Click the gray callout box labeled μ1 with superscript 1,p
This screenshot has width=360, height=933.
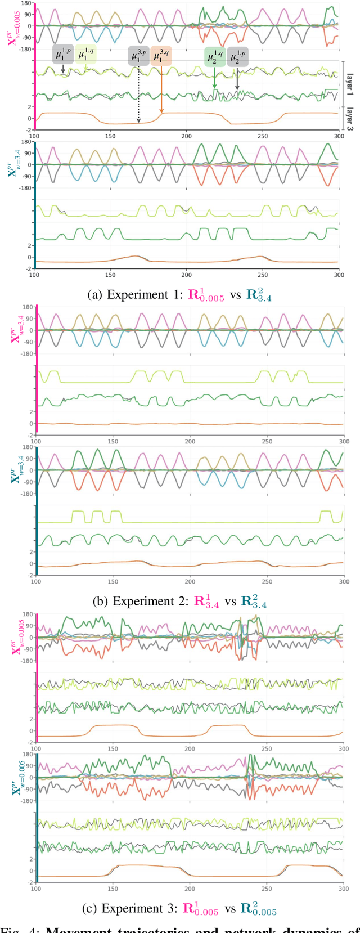[x=63, y=55]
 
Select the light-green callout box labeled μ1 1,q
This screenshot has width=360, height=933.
[x=86, y=55]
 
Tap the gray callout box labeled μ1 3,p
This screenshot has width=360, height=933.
[x=139, y=56]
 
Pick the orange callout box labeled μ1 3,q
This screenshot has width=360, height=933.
[x=161, y=56]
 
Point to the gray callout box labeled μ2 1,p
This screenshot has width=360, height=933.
[x=237, y=57]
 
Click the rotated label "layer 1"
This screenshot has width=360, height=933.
[x=350, y=83]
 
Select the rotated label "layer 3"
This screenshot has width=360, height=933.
[x=350, y=119]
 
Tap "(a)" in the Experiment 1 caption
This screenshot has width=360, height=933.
[x=96, y=295]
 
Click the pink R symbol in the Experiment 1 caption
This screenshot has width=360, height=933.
[x=193, y=295]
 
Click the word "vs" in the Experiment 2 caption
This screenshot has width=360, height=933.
[x=231, y=602]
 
